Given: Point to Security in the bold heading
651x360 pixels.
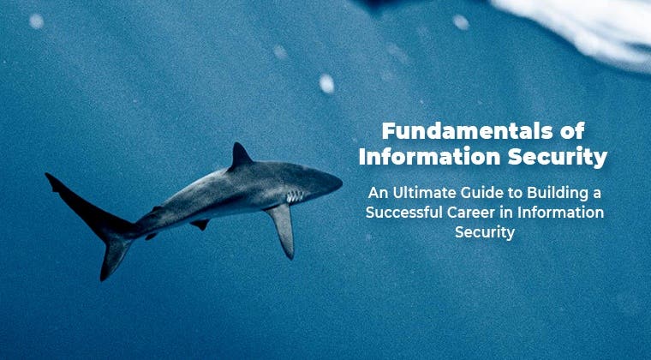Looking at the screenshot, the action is (558, 158).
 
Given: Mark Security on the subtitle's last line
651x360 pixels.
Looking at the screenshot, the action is (485, 232).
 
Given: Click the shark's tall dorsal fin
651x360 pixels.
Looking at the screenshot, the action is (241, 156).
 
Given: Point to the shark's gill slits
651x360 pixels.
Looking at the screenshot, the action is (295, 196).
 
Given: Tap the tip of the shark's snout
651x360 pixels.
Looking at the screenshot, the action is (342, 182).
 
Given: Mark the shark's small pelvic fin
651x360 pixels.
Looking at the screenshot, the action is (200, 225).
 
